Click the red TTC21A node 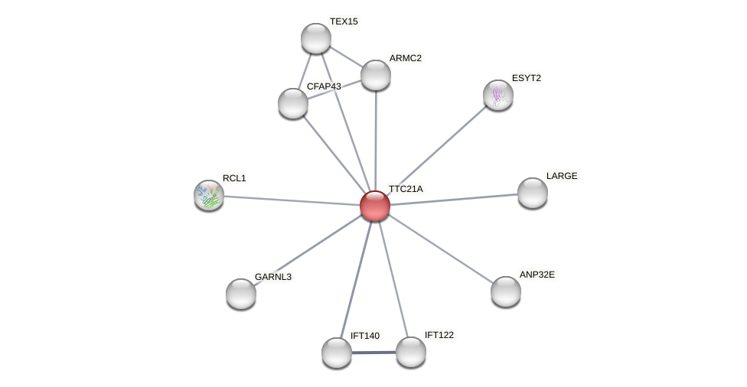click(375, 206)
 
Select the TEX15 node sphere click(316, 38)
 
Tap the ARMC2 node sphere click(376, 75)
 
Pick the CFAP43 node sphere click(293, 103)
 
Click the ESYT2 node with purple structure click(498, 95)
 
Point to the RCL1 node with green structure click(209, 195)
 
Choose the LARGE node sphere click(533, 193)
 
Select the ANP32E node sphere click(506, 291)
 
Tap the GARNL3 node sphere click(241, 294)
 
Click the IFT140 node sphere click(337, 353)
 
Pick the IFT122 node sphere click(411, 353)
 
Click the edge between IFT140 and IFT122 click(374, 353)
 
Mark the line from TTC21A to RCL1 click(292, 200)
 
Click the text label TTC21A click(406, 189)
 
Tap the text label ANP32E click(537, 275)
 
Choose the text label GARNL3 click(273, 277)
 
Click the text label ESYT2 click(527, 78)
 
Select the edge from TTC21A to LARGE click(454, 200)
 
